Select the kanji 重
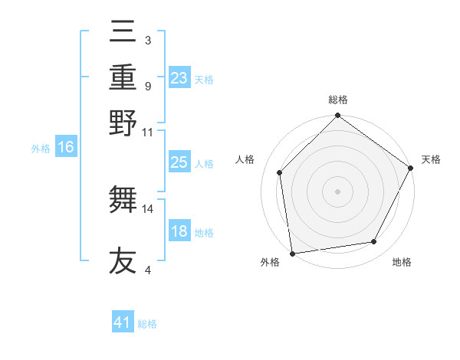pyautogui.click(x=123, y=77)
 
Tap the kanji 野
pyautogui.click(x=123, y=122)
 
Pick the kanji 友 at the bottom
pyautogui.click(x=123, y=260)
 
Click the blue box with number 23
pyautogui.click(x=179, y=78)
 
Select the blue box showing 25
pyautogui.click(x=179, y=162)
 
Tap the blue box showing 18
pyautogui.click(x=179, y=231)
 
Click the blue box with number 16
pyautogui.click(x=66, y=148)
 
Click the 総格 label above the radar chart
pyautogui.click(x=337, y=100)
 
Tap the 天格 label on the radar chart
pyautogui.click(x=431, y=159)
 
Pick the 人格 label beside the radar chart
pyautogui.click(x=245, y=159)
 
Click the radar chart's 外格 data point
pyautogui.click(x=292, y=253)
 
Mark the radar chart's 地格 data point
pyautogui.click(x=374, y=242)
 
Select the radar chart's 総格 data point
pyautogui.click(x=337, y=116)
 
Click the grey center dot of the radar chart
pyautogui.click(x=337, y=191)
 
